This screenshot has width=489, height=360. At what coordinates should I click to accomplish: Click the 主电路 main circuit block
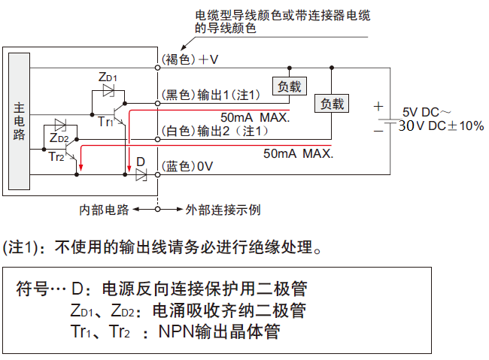[19, 121]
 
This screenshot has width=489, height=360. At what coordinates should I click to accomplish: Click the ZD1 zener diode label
[108, 77]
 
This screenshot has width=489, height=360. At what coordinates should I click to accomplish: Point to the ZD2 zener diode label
[59, 138]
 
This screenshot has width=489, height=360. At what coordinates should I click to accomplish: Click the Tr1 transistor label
[105, 121]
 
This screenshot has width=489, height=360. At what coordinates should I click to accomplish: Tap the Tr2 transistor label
[56, 156]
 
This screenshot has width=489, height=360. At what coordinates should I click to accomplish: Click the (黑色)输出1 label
[211, 94]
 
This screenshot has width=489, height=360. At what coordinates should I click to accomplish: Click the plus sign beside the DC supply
[378, 107]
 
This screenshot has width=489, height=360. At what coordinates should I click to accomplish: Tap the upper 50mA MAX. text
[255, 118]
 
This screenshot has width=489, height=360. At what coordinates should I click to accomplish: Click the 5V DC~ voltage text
[425, 110]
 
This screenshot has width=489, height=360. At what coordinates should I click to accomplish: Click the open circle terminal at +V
[158, 68]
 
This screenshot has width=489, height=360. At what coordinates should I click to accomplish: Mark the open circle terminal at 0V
[158, 174]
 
